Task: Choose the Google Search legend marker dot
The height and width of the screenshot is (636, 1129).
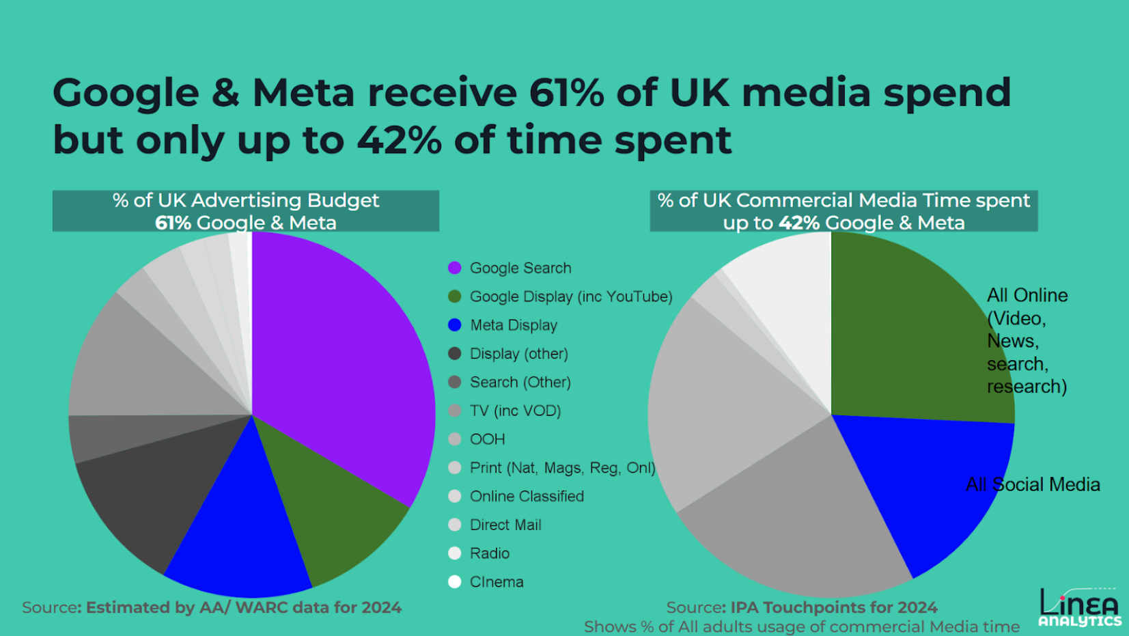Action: tap(454, 268)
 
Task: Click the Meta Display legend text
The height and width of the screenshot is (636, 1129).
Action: tap(514, 325)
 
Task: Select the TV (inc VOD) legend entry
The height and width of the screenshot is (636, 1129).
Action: tap(515, 411)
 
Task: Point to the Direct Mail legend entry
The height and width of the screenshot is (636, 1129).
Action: tap(505, 525)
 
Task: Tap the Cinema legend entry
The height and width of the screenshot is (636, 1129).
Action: tap(497, 582)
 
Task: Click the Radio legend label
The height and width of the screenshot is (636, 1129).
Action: tap(490, 553)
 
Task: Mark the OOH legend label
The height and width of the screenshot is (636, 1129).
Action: tap(488, 439)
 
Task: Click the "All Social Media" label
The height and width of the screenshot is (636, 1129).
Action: tap(1033, 484)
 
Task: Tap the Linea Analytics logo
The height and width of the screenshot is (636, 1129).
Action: tap(1079, 607)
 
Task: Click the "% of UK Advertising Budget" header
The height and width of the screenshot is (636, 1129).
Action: tap(246, 201)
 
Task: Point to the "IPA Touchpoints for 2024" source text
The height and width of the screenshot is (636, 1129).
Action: tap(834, 607)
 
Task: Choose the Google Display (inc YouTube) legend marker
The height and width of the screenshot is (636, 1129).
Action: tap(454, 296)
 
